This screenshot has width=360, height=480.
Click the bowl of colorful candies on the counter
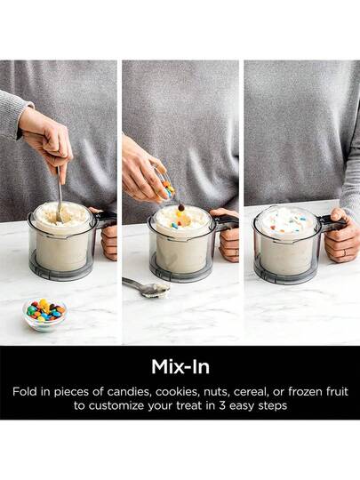[45, 315]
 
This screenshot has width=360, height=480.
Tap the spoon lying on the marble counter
[147, 287]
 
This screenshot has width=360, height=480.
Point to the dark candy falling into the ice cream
[181, 207]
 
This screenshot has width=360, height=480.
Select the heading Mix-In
[180, 366]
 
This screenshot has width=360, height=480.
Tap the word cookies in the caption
[178, 391]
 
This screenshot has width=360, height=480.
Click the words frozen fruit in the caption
[318, 391]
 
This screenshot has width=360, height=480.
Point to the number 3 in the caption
[221, 405]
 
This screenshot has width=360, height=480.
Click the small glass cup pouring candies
[166, 185]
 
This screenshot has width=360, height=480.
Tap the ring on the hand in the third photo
[345, 252]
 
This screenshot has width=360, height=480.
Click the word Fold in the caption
[25, 391]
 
